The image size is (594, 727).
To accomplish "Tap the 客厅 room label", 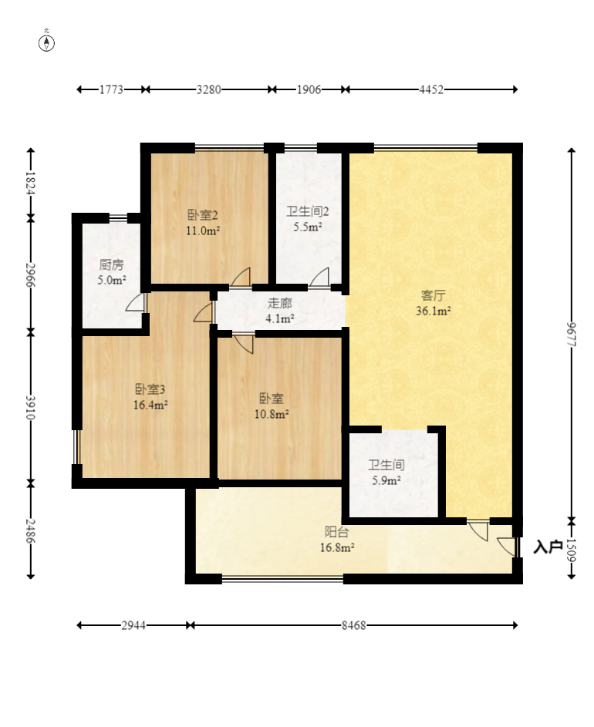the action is tap(433, 295).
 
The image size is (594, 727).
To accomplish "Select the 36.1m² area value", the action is tap(433, 311).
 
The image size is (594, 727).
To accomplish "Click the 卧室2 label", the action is tap(203, 215).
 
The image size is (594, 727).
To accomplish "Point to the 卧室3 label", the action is tap(150, 389).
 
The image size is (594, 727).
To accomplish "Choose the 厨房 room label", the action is tap(111, 264).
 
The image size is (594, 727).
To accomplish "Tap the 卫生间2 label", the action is tap(307, 212).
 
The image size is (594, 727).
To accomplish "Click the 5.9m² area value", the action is tap(386, 481).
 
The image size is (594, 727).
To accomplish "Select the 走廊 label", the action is tap(280, 303).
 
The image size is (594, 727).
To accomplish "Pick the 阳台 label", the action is tap(336, 532).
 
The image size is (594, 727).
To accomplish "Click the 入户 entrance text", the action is tap(548, 547).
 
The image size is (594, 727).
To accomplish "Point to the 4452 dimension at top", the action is tap(431, 89).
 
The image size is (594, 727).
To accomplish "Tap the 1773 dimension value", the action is tap(111, 89).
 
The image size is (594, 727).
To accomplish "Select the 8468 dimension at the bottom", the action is tap(353, 625).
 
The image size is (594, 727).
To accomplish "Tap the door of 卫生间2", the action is tap(319, 278).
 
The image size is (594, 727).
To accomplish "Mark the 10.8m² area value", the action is tap(272, 414).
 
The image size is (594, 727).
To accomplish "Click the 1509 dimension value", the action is tap(572, 550).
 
